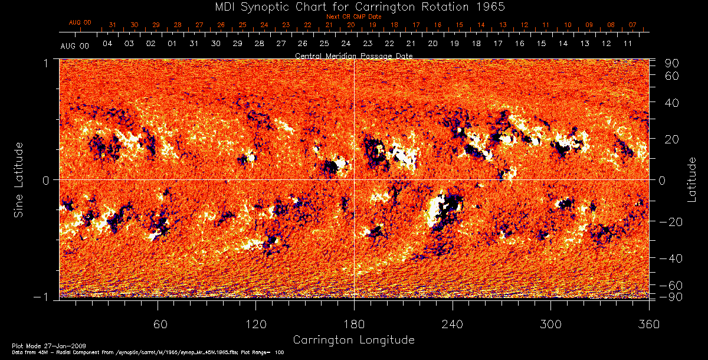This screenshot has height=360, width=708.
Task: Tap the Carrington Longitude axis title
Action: tap(353, 340)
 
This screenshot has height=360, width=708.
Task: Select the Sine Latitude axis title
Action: tap(19, 179)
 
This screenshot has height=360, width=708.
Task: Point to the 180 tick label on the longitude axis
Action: tap(354, 325)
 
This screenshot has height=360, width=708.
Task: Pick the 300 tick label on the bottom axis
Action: tap(550, 325)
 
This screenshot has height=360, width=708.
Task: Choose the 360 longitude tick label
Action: tap(649, 325)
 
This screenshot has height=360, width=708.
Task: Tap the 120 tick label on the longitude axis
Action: tap(255, 325)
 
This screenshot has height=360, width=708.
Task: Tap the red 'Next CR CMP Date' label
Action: tap(353, 17)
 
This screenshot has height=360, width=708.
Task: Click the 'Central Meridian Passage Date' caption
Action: tap(353, 55)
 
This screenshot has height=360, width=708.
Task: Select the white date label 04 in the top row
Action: tap(107, 44)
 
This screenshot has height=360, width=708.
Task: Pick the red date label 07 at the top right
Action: tap(632, 25)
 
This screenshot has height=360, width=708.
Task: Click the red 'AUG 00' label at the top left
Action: tap(80, 22)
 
